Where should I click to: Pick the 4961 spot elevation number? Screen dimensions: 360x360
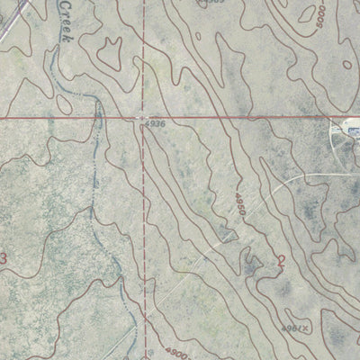click(290, 328)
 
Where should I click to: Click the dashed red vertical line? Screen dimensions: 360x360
click(144, 225)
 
